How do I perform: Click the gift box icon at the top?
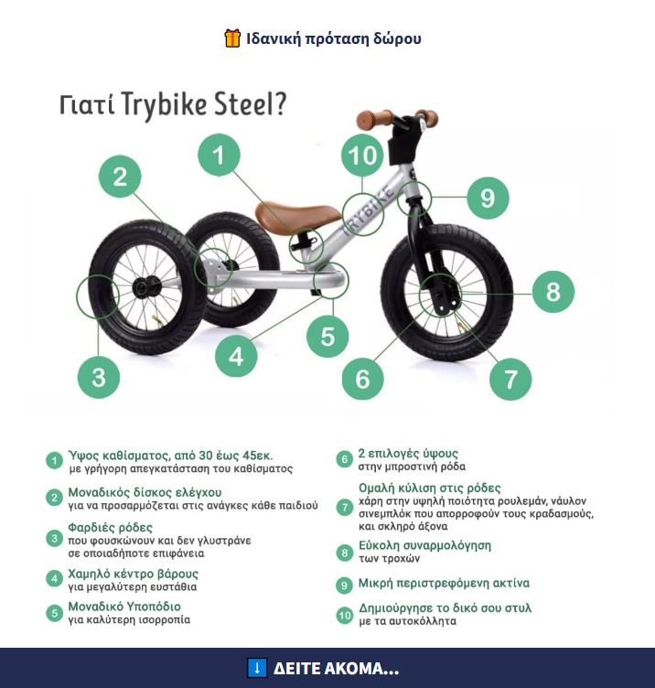pyautogui.click(x=232, y=38)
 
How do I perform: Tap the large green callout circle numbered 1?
pyautogui.click(x=219, y=155)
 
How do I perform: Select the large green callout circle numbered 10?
pyautogui.click(x=362, y=156)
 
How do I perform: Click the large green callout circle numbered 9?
pyautogui.click(x=488, y=198)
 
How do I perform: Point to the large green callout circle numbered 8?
pyautogui.click(x=553, y=291)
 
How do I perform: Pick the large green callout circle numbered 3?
pyautogui.click(x=99, y=377)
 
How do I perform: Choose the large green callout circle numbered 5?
pyautogui.click(x=327, y=337)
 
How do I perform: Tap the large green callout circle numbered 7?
pyautogui.click(x=510, y=379)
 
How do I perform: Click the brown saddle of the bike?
pyautogui.click(x=297, y=216)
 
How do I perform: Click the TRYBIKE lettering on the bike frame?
pyautogui.click(x=367, y=211)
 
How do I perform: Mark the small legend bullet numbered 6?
pyautogui.click(x=344, y=459)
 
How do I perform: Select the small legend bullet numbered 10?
pyautogui.click(x=344, y=615)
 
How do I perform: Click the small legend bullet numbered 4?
pyautogui.click(x=54, y=579)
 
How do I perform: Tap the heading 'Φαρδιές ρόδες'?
pyautogui.click(x=110, y=527)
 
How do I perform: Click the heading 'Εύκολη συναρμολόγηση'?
pyautogui.click(x=424, y=545)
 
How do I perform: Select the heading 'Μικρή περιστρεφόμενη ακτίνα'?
pyautogui.click(x=444, y=583)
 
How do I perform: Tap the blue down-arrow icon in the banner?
pyautogui.click(x=257, y=668)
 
